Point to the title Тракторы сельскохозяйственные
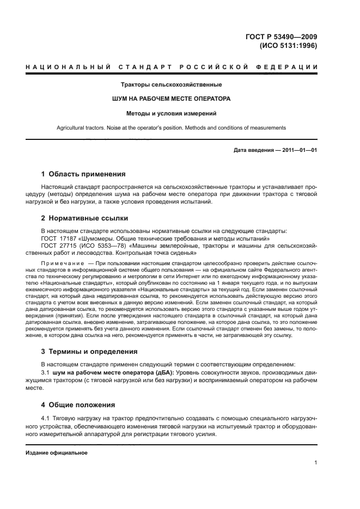[171, 85]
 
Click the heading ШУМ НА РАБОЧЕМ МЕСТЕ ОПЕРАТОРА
[171, 100]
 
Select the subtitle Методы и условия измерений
[171, 114]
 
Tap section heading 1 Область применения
[83, 174]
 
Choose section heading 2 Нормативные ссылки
[84, 218]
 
